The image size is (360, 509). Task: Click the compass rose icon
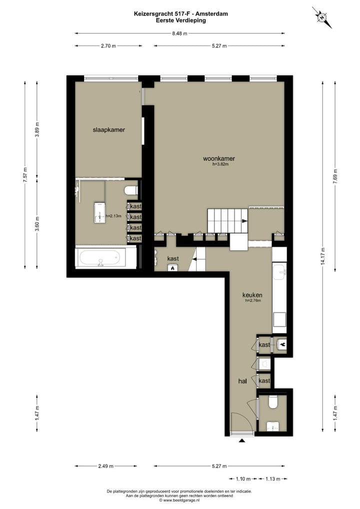322,17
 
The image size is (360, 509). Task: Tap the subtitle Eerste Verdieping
180,20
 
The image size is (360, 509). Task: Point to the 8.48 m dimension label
179,33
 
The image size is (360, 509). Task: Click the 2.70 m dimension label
108,45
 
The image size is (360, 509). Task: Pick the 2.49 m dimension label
105,466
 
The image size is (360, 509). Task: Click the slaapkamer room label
108,129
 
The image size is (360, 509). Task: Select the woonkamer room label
218,158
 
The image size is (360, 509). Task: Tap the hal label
243,381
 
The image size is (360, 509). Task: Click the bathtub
105,258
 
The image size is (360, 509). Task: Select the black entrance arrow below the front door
242,440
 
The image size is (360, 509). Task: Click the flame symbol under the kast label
173,268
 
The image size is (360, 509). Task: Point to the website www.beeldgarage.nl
179,499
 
